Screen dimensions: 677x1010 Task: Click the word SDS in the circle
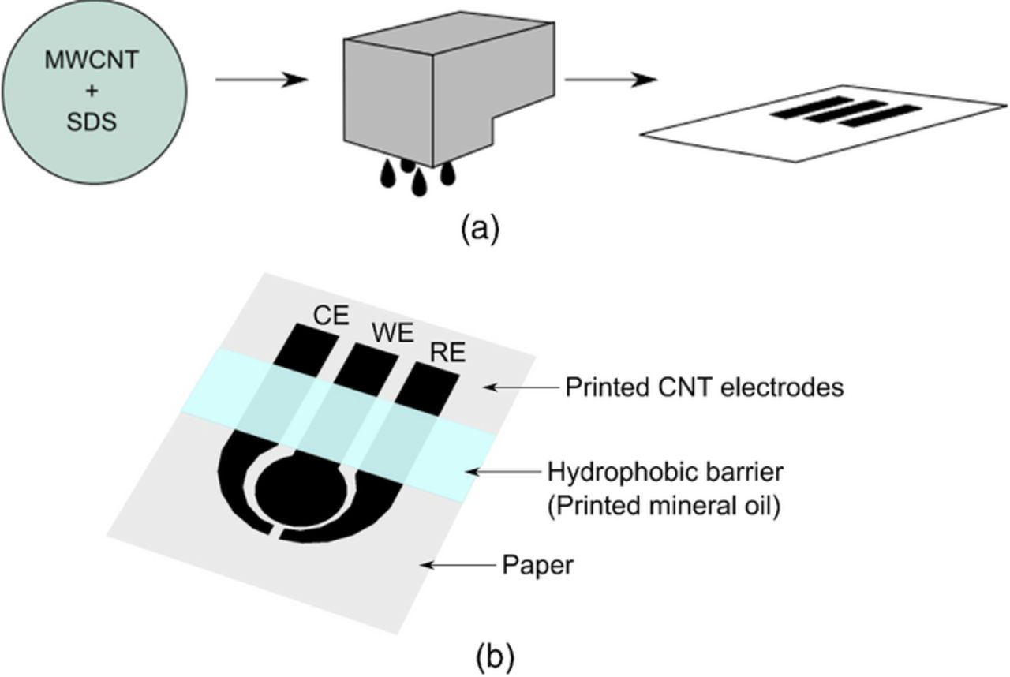pyautogui.click(x=93, y=123)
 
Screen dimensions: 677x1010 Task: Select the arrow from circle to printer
pyautogui.click(x=261, y=80)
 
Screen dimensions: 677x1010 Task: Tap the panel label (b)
pyautogui.click(x=495, y=656)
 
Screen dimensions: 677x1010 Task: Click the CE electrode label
pyautogui.click(x=331, y=316)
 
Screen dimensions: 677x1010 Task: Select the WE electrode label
pyautogui.click(x=392, y=334)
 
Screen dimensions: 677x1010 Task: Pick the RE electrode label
pyautogui.click(x=447, y=354)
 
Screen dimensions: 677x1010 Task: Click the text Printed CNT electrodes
pyautogui.click(x=704, y=387)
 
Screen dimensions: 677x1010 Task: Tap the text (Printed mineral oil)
pyautogui.click(x=664, y=506)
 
